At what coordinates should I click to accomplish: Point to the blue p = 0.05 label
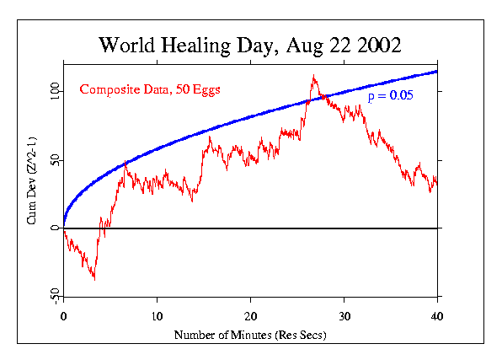point(389,97)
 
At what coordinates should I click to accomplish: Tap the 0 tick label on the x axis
point(64,316)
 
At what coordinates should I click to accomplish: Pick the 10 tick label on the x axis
point(157,316)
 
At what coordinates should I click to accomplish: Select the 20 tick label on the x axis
point(250,316)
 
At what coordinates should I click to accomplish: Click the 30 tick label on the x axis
point(344,316)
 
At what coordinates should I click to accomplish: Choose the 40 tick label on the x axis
point(436,316)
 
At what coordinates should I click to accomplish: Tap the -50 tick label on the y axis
point(51,295)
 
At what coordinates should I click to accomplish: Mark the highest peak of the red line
point(313,76)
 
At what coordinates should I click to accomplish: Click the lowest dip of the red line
point(94,279)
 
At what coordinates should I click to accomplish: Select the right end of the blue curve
point(436,71)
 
